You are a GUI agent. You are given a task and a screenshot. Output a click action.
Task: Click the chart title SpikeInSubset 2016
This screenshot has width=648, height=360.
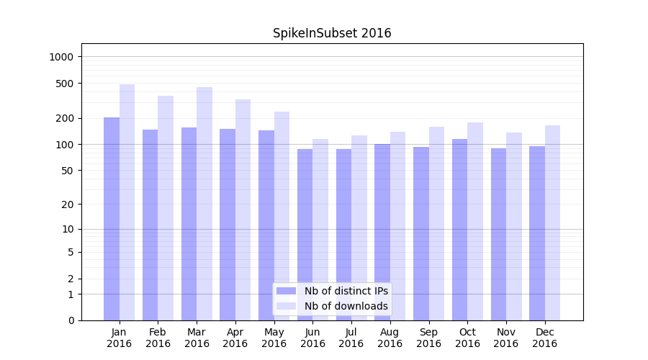coord(332,33)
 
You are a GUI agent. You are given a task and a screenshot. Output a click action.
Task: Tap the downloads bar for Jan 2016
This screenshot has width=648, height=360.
coord(127,202)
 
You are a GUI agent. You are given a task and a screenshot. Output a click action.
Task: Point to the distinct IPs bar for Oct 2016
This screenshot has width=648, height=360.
coord(459,230)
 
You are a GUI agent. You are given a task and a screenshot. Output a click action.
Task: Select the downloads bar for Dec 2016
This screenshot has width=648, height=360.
coord(552,222)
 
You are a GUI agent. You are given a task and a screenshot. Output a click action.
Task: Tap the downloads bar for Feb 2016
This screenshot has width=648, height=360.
coord(166,208)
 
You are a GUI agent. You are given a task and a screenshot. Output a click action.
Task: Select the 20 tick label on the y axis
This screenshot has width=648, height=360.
coord(68,204)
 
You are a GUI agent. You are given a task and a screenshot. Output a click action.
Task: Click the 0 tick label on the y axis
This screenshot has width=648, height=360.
coord(71,320)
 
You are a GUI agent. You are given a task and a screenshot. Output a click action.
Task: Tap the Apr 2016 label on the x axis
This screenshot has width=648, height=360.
coord(235,338)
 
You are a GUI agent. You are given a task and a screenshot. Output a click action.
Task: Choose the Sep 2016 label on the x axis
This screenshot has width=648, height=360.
coord(428,338)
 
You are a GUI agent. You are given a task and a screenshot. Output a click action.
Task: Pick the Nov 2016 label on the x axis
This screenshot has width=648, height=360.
coord(506,338)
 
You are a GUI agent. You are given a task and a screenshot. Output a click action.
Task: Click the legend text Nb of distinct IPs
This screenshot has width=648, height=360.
coord(346,291)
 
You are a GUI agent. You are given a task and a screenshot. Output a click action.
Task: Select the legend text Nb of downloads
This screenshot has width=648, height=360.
coord(346,306)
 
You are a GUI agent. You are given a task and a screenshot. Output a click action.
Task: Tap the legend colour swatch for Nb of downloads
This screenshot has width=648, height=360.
coord(287,306)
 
